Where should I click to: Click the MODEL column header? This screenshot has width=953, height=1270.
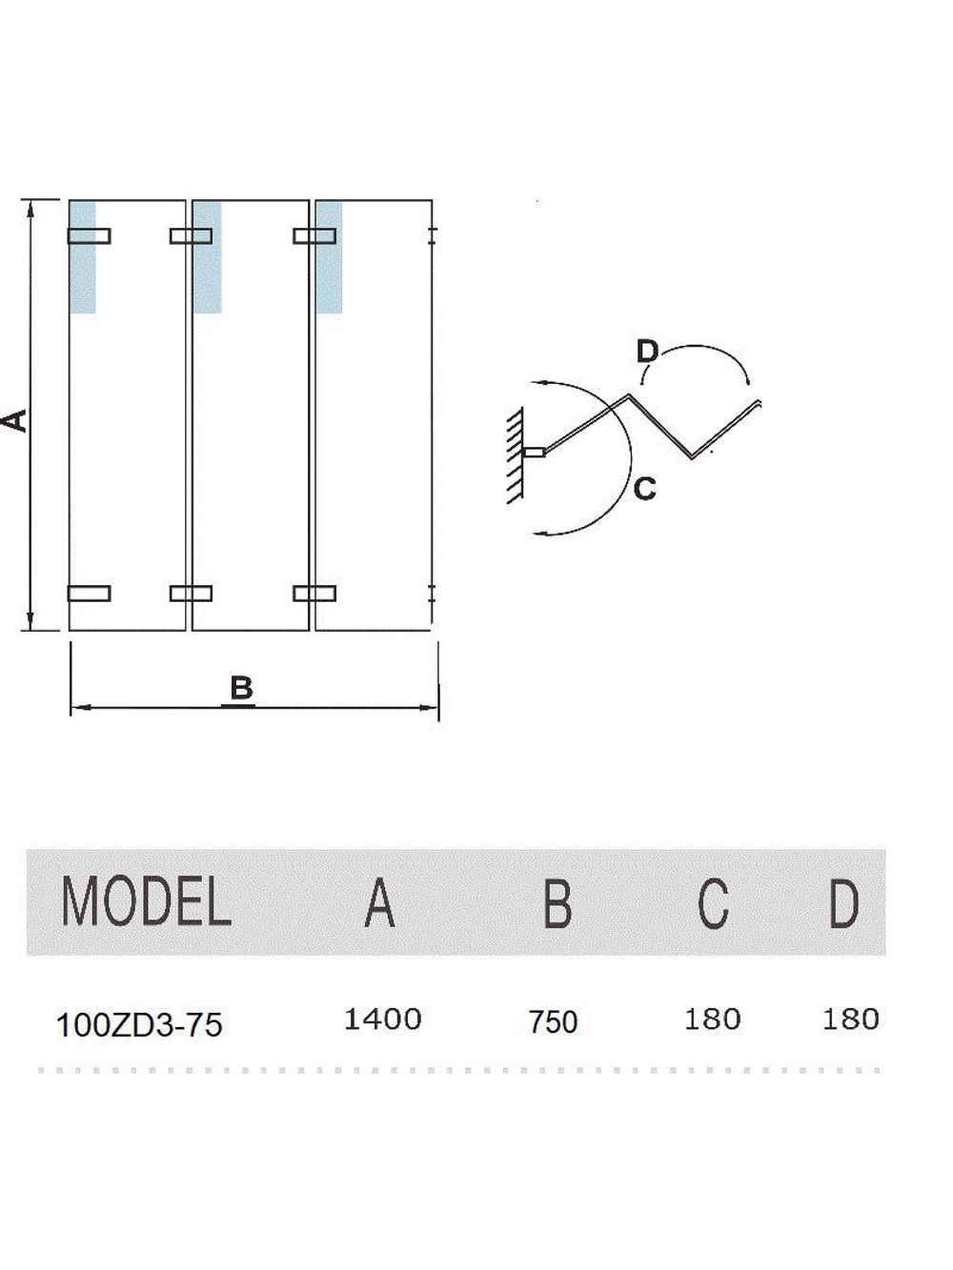(147, 901)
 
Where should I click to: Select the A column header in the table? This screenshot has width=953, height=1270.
(379, 902)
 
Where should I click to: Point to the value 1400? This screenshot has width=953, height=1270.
(382, 1019)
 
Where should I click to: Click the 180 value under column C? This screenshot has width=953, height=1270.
(712, 1019)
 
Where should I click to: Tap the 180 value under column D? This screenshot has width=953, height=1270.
(851, 1019)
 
